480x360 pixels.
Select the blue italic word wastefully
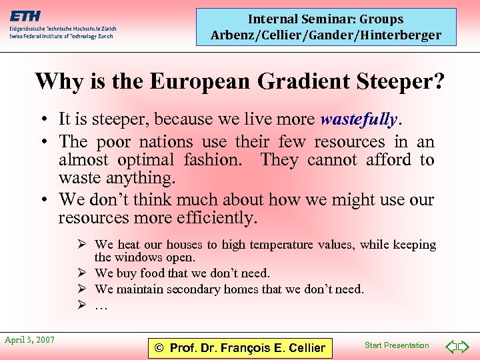pos(359,119)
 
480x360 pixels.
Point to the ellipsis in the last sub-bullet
pos(101,305)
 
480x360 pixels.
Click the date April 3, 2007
pos(29,340)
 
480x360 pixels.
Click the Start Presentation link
pos(397,345)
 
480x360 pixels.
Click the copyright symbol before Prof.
pos(159,347)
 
